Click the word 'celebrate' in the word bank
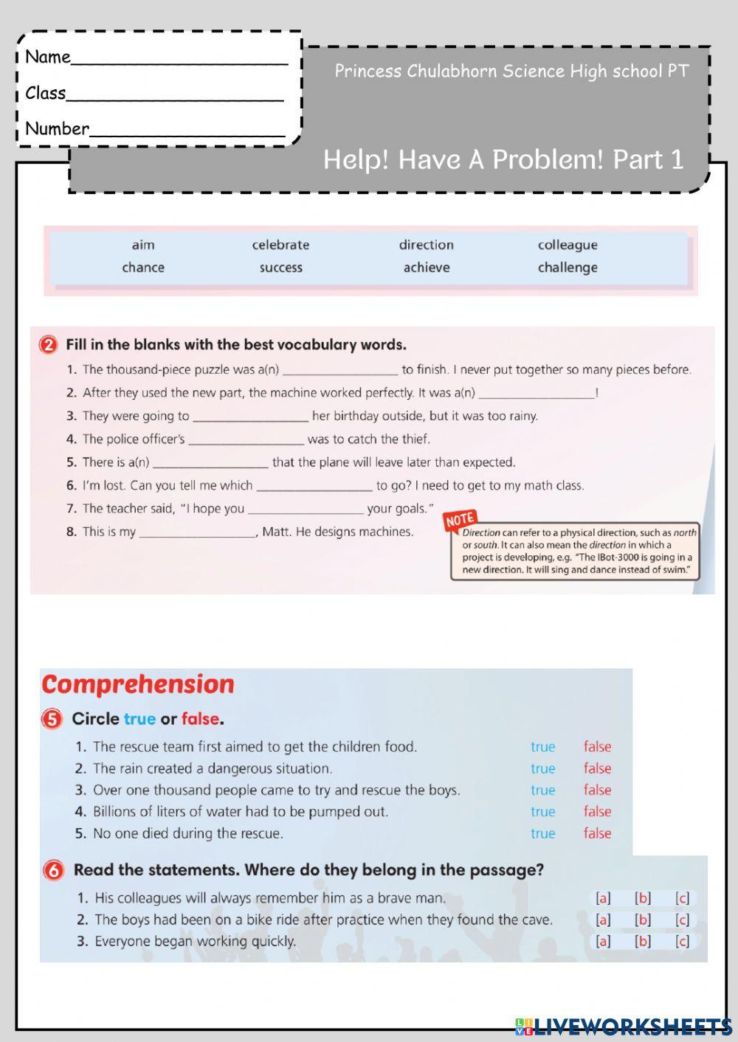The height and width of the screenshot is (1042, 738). [280, 245]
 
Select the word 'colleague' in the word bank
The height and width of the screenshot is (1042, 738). [568, 245]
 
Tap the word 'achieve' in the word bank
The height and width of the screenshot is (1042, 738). [426, 268]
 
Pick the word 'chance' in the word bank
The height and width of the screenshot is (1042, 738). [143, 268]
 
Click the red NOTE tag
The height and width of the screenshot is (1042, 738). [460, 520]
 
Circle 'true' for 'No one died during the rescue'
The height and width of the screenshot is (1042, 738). [542, 833]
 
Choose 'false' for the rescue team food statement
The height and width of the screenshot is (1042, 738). [597, 746]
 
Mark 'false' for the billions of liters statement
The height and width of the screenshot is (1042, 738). [597, 811]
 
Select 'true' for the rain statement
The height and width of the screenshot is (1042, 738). [542, 768]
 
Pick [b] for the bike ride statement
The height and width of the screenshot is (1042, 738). [643, 920]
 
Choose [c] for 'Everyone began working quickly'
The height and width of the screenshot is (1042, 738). [682, 941]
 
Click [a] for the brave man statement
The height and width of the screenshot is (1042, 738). [603, 898]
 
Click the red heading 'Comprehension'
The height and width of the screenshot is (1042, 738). [138, 684]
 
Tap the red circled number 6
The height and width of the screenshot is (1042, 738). [53, 870]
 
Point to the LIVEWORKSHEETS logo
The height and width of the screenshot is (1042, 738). [624, 1026]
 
